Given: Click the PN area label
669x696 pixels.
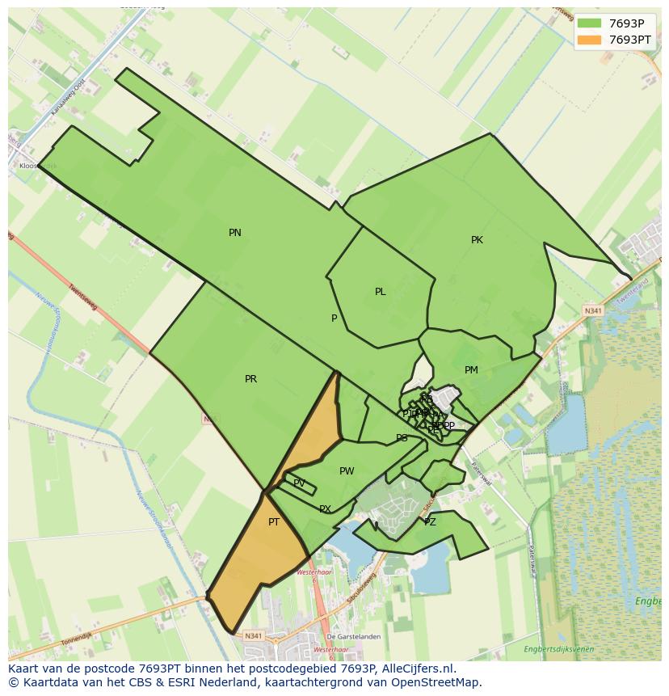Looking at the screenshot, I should click(235, 233).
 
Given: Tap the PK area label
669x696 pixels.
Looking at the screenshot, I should click(477, 240).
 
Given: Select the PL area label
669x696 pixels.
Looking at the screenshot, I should click(380, 292).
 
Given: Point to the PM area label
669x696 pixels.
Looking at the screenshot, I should click(471, 370).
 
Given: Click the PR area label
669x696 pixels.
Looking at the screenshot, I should click(250, 379).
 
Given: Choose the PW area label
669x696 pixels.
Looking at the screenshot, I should click(347, 471).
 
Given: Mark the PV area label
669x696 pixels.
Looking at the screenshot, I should click(299, 483).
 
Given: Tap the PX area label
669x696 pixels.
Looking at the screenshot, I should click(325, 509).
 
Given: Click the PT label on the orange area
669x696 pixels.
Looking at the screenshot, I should click(274, 522).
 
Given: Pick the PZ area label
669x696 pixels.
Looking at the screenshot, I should click(430, 522).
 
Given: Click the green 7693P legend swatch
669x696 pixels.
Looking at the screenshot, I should click(590, 23).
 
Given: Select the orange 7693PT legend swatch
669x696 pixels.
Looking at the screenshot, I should click(590, 40).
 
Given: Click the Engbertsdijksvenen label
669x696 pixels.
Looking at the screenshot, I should click(558, 649).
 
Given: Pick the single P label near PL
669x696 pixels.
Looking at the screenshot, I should click(334, 318).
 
